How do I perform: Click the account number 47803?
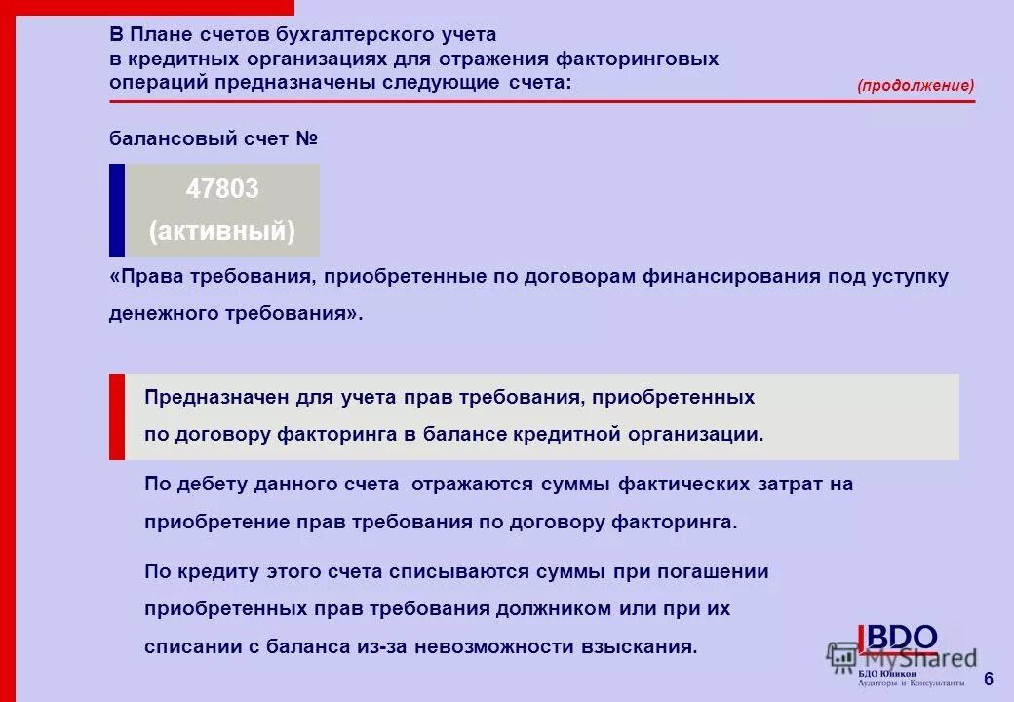222,189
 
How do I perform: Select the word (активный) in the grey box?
222,233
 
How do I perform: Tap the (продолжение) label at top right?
916,86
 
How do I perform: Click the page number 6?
989,679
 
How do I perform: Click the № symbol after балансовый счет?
307,139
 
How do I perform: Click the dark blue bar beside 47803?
117,210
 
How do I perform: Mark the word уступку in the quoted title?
910,277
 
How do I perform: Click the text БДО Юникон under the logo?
887,673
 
